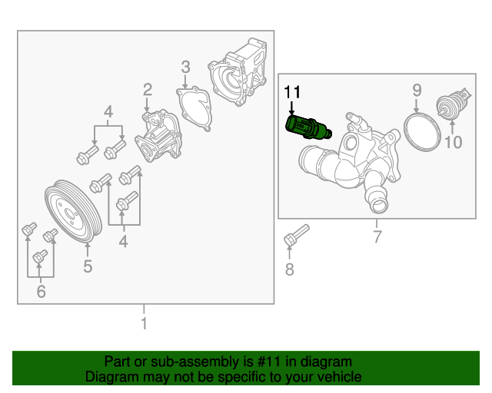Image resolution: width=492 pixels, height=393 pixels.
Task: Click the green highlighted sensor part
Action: click(305, 127)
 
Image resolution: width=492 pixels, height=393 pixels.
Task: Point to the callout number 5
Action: click(88, 266)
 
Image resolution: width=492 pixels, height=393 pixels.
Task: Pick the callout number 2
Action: click(147, 91)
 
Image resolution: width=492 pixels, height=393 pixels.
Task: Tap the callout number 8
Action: click(289, 269)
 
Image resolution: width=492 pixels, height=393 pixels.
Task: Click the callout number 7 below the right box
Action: click(377, 236)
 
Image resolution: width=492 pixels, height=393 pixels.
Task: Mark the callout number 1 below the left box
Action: click(143, 323)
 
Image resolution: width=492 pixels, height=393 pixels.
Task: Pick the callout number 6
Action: click(41, 291)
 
